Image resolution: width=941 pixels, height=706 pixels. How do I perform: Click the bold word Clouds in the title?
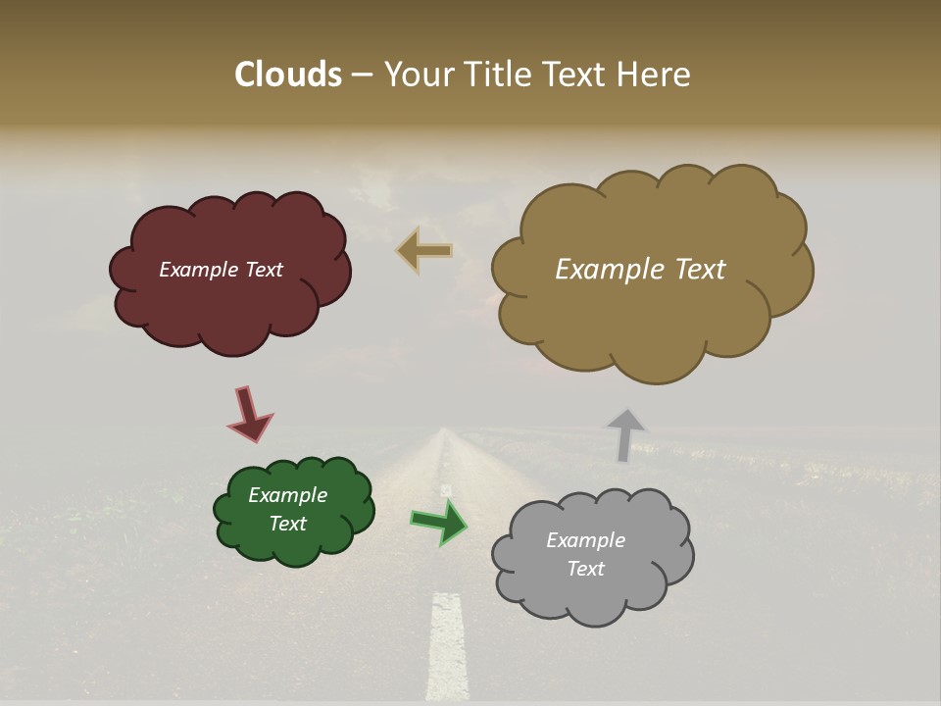pyautogui.click(x=287, y=75)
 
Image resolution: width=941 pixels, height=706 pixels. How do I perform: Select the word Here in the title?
pyautogui.click(x=654, y=75)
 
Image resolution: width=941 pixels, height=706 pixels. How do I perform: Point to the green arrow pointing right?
pyautogui.click(x=439, y=522)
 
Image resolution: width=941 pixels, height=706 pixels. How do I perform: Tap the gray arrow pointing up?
pyautogui.click(x=625, y=433)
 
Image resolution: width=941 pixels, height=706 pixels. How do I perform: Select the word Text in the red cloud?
pyautogui.click(x=264, y=270)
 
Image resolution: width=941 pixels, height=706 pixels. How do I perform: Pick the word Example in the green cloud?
pyautogui.click(x=287, y=495)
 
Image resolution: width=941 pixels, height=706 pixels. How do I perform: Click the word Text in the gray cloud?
pyautogui.click(x=585, y=569)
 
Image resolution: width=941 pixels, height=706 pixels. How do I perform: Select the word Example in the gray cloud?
pyautogui.click(x=585, y=540)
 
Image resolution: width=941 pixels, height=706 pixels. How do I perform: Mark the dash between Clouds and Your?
pyautogui.click(x=362, y=76)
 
